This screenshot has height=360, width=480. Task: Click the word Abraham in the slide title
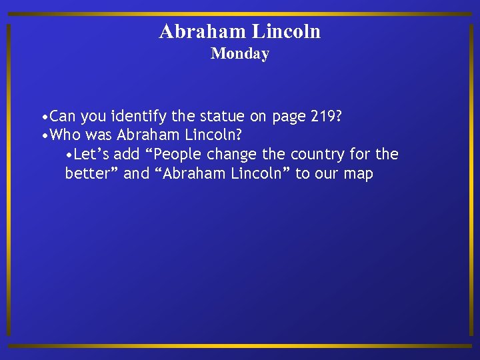coord(201,31)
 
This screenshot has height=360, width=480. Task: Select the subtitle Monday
coord(240,54)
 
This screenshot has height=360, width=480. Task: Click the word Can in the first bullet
coord(63,117)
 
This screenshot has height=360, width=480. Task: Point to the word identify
coord(139,117)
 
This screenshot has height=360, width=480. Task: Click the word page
coord(288,118)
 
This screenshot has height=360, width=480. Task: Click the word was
coord(99,135)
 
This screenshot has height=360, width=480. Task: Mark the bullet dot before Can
coord(44,117)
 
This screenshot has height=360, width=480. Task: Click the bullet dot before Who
coord(44,136)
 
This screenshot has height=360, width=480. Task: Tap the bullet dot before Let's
coord(69,155)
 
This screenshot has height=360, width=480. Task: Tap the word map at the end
coord(359,175)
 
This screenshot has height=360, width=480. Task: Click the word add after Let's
coord(127,155)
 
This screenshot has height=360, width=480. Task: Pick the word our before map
coord(326,175)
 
